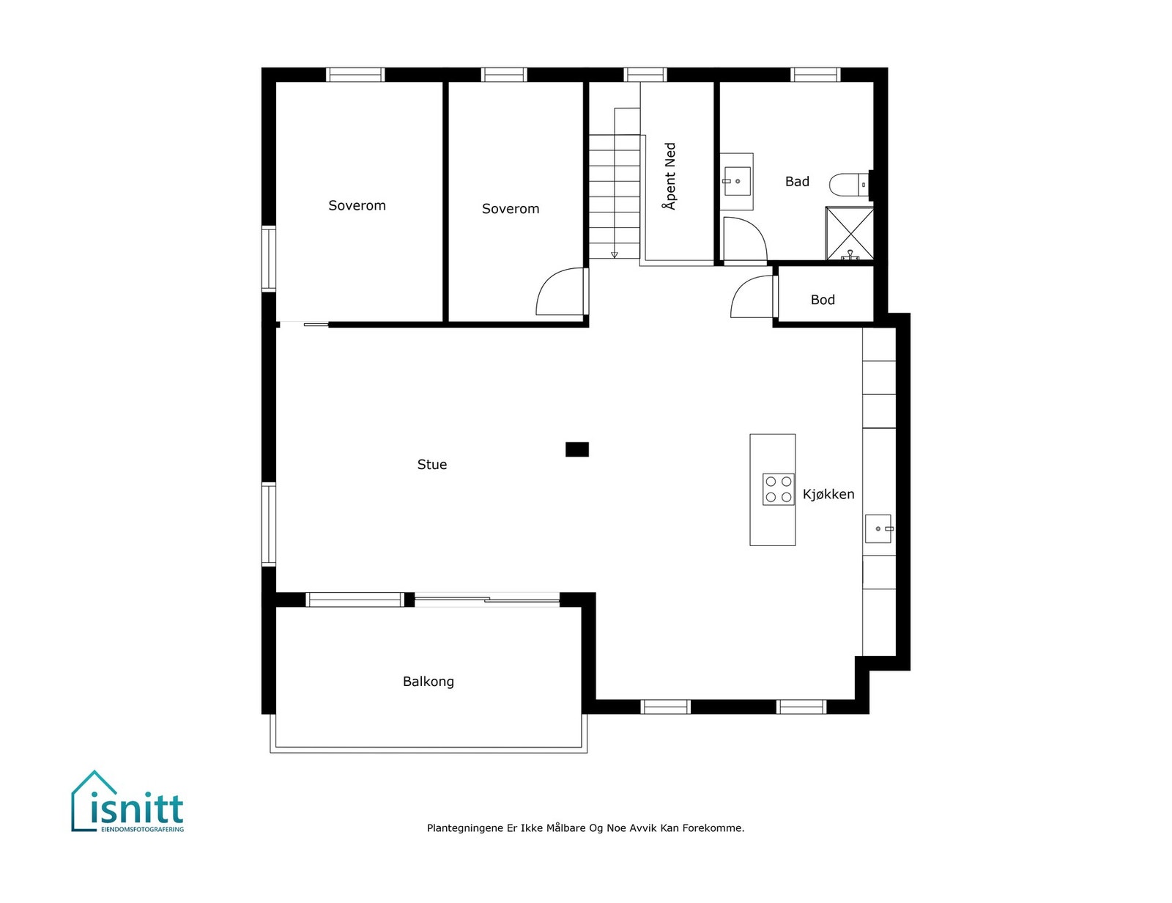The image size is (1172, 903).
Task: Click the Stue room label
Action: click(x=431, y=465)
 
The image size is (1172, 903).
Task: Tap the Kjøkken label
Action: click(x=828, y=495)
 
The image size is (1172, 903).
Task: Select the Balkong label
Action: click(x=429, y=682)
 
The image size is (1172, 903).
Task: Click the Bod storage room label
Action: click(x=823, y=300)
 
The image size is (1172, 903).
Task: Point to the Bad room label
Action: click(x=797, y=182)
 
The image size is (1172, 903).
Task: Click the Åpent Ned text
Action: click(x=670, y=177)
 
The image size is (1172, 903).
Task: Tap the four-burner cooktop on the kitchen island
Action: click(x=778, y=489)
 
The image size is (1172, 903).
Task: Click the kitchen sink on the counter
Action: click(x=878, y=528)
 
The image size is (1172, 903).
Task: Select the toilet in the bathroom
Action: click(x=848, y=185)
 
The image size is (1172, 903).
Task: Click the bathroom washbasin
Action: click(x=737, y=180)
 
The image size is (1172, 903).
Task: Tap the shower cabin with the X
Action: click(x=850, y=233)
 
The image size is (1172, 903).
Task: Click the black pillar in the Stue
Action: click(x=577, y=449)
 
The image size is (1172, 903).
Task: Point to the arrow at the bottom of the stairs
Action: click(x=615, y=254)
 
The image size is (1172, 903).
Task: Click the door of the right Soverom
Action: click(x=562, y=292)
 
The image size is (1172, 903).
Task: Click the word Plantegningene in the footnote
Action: click(x=465, y=828)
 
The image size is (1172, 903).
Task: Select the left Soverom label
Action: click(x=357, y=206)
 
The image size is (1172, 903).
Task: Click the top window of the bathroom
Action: click(x=815, y=75)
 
